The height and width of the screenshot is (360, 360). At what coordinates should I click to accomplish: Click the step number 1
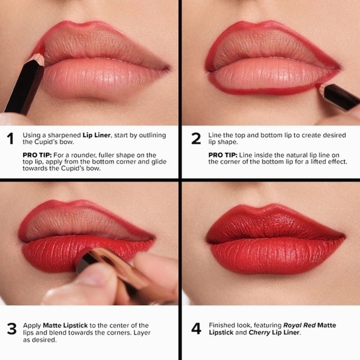(10, 140)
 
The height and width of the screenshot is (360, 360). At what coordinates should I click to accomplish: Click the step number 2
(196, 139)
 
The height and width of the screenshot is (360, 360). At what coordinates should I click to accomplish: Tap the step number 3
(11, 328)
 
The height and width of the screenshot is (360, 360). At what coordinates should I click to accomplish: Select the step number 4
(196, 328)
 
